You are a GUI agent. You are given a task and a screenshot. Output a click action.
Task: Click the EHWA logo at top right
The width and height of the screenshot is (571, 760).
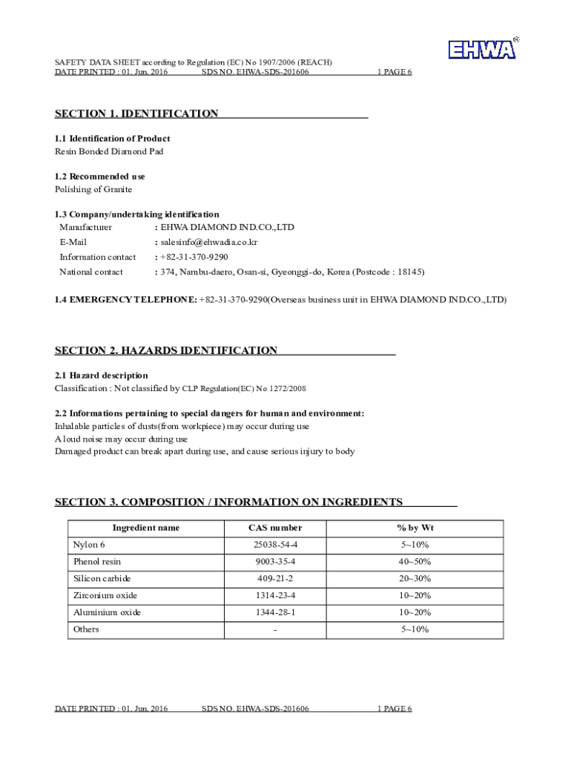pyautogui.click(x=483, y=49)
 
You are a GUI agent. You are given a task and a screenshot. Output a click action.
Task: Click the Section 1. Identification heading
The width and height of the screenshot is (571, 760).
pyautogui.click(x=136, y=114)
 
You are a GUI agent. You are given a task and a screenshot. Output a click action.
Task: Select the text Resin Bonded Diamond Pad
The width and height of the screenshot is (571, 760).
pyautogui.click(x=109, y=151)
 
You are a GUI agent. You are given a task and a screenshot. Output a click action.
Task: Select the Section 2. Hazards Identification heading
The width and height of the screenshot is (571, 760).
pyautogui.click(x=166, y=350)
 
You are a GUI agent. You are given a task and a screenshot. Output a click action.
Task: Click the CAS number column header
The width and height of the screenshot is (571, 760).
pyautogui.click(x=274, y=528)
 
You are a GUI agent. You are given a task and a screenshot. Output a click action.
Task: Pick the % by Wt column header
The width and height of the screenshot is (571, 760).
pyautogui.click(x=415, y=528)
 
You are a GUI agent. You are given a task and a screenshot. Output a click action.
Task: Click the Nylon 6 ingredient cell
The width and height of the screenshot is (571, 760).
pyautogui.click(x=89, y=545)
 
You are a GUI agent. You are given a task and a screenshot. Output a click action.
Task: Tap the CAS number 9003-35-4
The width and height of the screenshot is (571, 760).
pyautogui.click(x=274, y=562)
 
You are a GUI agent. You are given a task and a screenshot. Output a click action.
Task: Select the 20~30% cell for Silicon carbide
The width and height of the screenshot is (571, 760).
pyautogui.click(x=415, y=579)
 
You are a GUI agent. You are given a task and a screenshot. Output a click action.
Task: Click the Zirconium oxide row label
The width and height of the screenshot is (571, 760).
pyautogui.click(x=105, y=595)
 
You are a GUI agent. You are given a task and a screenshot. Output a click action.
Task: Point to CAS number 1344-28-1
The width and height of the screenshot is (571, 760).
pyautogui.click(x=274, y=612)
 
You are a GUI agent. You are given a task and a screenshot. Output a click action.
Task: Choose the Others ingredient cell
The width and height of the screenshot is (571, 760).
pyautogui.click(x=86, y=629)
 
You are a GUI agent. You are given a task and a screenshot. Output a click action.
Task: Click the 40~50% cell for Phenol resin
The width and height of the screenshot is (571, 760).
pyautogui.click(x=415, y=562)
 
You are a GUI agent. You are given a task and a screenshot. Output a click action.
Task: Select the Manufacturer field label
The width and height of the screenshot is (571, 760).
pyautogui.click(x=86, y=227)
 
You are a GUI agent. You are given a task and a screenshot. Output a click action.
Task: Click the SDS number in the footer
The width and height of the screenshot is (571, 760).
pyautogui.click(x=255, y=709)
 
